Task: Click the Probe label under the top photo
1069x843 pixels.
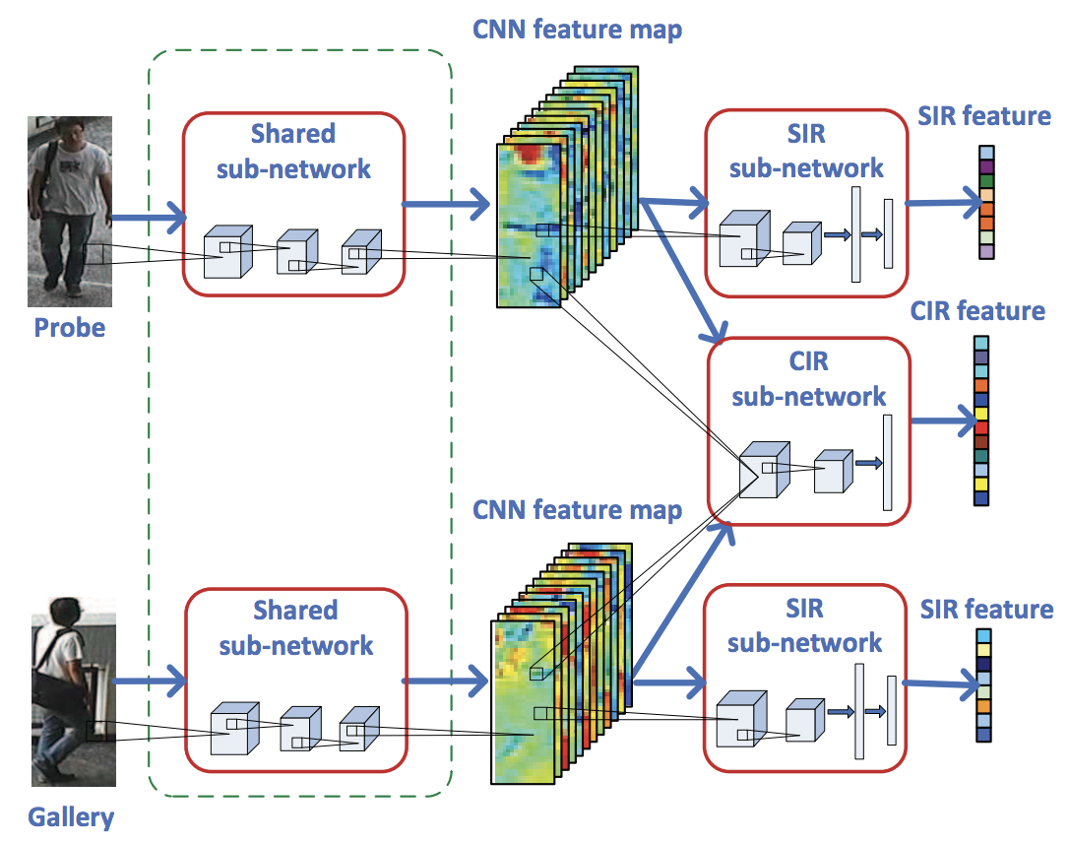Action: point(69,327)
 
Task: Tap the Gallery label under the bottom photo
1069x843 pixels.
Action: point(70,816)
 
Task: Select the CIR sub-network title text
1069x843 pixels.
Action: point(808,379)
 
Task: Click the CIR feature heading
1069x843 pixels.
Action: point(977,311)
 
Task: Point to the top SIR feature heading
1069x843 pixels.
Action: point(984,116)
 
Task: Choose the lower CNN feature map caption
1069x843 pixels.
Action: point(577,510)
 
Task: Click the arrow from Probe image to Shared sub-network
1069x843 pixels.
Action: point(148,217)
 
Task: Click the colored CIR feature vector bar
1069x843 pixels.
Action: point(981,421)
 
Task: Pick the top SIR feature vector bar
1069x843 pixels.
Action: point(987,203)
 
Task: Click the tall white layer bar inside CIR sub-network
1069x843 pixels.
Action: point(887,463)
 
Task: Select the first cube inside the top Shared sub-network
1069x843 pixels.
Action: point(227,252)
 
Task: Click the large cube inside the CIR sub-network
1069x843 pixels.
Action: point(765,468)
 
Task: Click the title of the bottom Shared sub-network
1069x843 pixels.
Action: point(295,627)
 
